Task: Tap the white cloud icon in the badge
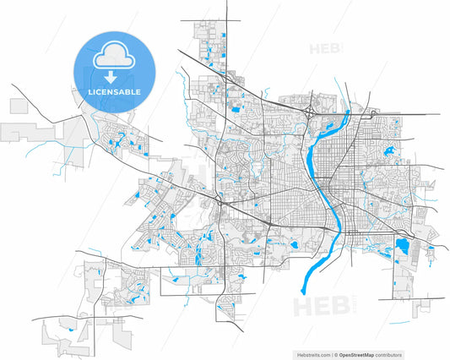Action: point(112,57)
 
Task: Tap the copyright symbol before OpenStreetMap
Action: point(335,353)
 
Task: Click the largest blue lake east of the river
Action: point(403,248)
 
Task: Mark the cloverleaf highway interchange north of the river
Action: point(312,111)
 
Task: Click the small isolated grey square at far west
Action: point(19,106)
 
